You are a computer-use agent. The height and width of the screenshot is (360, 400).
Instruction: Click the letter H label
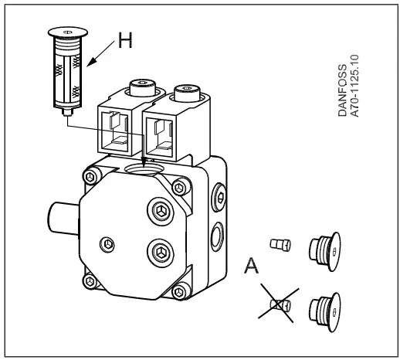click(x=125, y=40)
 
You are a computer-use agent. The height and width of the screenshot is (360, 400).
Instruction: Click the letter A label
click(x=251, y=266)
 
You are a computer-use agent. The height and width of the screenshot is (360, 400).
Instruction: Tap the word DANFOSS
click(x=342, y=90)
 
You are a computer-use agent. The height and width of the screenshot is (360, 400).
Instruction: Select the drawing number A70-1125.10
click(x=354, y=86)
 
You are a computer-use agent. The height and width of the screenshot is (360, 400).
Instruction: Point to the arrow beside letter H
click(x=100, y=54)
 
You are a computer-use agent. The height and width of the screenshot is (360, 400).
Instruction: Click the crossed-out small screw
click(x=280, y=305)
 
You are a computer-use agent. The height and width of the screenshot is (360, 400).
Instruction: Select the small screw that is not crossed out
click(x=280, y=245)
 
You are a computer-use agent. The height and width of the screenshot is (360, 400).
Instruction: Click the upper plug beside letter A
click(x=325, y=251)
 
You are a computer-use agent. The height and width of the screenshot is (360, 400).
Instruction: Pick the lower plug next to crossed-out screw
click(x=325, y=312)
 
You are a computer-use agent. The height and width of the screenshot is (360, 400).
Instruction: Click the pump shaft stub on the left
click(x=63, y=219)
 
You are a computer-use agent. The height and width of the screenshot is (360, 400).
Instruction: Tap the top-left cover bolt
click(x=91, y=176)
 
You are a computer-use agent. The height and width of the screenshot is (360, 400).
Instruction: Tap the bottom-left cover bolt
click(x=90, y=281)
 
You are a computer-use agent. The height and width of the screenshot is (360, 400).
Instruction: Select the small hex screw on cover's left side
click(x=107, y=243)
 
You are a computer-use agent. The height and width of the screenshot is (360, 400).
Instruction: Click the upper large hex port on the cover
click(x=161, y=211)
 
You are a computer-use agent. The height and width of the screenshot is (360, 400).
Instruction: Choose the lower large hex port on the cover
click(x=161, y=252)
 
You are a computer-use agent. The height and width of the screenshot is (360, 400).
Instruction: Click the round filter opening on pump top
click(x=144, y=169)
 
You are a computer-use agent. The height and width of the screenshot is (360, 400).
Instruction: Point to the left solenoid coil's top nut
click(x=143, y=87)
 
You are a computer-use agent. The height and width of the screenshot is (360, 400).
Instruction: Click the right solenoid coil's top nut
click(x=187, y=93)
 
